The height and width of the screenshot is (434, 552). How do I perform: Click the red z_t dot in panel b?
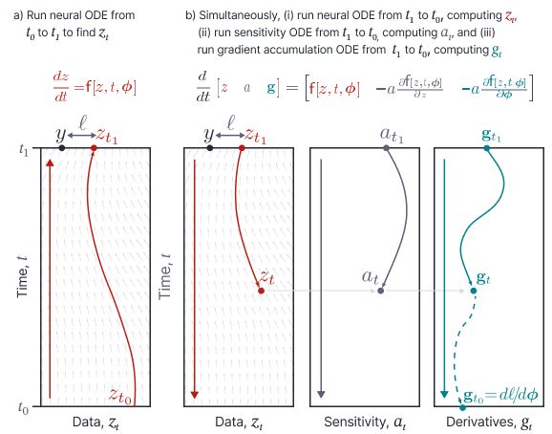pos(261,291)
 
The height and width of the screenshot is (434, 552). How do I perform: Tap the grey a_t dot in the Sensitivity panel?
pos(380,291)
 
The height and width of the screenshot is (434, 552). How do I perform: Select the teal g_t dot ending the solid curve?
pos(474,291)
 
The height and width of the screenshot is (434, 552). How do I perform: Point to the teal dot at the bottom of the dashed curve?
pos(462,407)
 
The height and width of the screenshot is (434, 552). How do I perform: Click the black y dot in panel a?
pos(62,148)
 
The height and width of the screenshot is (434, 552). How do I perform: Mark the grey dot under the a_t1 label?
pos(386,148)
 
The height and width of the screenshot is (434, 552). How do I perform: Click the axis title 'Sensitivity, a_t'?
pos(365,422)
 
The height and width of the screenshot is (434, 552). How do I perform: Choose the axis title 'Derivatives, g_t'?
pos(490,422)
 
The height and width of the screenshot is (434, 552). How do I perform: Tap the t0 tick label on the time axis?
pos(23,408)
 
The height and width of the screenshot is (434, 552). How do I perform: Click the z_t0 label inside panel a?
pos(120,396)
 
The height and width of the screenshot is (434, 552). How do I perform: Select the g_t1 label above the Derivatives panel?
pos(491,136)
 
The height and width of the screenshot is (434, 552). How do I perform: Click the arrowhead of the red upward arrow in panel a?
pos(50,163)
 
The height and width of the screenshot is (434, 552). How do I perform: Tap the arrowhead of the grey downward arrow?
pos(321,394)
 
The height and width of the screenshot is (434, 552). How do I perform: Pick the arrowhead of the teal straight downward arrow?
pos(444,394)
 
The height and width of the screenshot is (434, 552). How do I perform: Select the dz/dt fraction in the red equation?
pos(61,87)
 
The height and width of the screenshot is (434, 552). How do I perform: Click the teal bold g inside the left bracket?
pos(271,87)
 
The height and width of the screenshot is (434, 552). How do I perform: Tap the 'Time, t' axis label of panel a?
pos(22,276)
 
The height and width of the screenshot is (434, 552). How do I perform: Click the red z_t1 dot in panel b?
pos(242,148)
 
